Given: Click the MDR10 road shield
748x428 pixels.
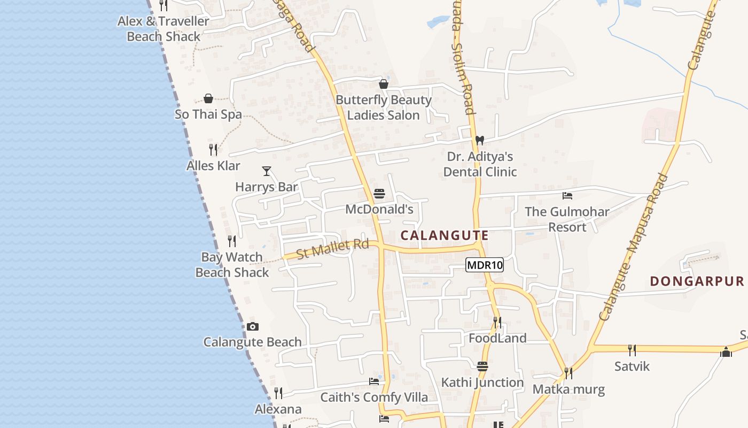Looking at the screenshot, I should tap(485, 265).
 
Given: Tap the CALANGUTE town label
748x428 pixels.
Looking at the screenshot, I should tap(445, 235).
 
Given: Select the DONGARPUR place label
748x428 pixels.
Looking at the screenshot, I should tap(697, 281).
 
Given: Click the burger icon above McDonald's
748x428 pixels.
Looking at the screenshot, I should tap(379, 194).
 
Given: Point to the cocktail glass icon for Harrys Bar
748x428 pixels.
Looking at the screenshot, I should tap(267, 171).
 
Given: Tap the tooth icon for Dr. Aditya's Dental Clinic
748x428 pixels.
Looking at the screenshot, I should tap(479, 140).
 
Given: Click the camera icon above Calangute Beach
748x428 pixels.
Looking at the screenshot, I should tap(253, 326).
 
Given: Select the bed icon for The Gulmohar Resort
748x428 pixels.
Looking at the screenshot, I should tap(567, 196).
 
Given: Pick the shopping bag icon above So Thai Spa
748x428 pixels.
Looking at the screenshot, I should tap(208, 98).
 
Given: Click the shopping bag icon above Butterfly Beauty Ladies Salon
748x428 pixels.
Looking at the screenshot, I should tap(383, 84).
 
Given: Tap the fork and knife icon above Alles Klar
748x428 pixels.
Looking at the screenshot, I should tap(213, 150).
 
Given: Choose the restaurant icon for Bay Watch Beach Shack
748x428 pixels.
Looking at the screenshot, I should tap(232, 241).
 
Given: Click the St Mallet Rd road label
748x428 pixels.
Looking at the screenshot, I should tap(332, 249).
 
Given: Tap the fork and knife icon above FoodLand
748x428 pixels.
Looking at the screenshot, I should tap(497, 322).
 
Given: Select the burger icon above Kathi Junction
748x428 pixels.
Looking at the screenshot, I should tap(482, 366).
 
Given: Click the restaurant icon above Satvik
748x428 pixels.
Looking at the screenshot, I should tap(632, 350).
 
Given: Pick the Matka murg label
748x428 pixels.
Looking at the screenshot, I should tap(568, 389).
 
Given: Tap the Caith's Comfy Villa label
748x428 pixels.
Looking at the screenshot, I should tap(374, 398).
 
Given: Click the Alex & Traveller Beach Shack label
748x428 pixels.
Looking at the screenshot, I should tap(163, 29).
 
